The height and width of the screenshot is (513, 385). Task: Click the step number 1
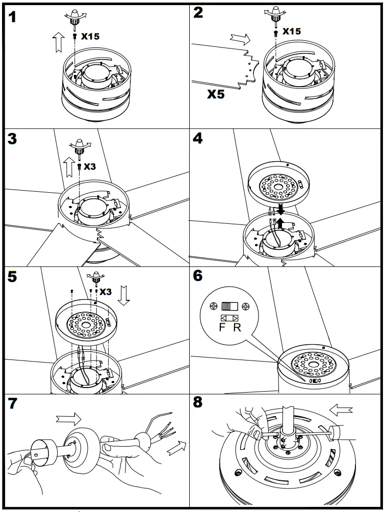tap(13, 17)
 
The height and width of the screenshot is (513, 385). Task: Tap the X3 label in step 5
tap(105, 292)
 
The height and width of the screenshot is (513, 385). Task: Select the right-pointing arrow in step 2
tap(240, 39)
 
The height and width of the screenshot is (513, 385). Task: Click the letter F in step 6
tap(222, 327)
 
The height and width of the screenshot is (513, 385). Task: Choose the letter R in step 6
tap(237, 327)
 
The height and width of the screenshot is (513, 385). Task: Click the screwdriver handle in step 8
tap(337, 433)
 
